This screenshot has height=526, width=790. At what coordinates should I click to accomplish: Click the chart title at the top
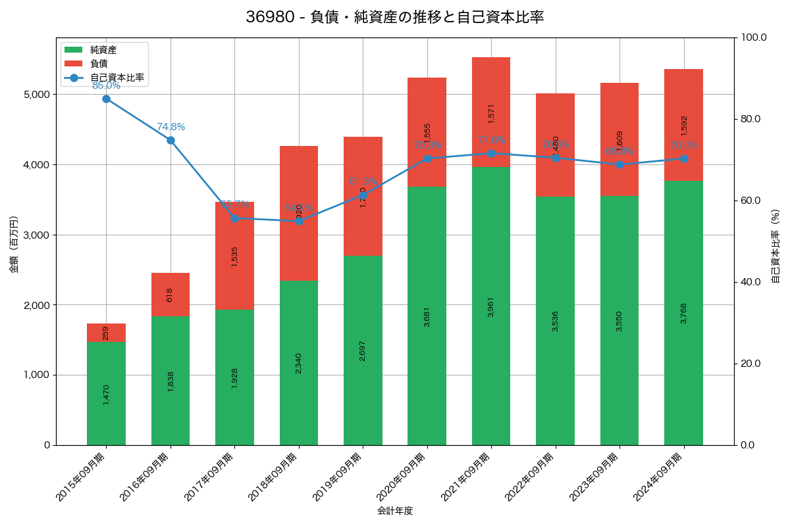tap(394, 17)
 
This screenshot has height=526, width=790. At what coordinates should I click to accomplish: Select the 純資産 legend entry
tap(103, 49)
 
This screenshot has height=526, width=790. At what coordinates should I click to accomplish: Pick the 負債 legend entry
tap(99, 63)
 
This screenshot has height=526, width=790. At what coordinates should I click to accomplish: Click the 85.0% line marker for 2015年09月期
tap(106, 99)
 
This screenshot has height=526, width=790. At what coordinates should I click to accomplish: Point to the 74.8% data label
tap(171, 127)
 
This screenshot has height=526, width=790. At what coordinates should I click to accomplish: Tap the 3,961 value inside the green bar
tap(491, 307)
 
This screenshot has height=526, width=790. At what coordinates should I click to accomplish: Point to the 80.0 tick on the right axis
tap(750, 119)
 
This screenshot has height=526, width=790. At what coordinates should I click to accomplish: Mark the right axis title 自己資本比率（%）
tap(776, 246)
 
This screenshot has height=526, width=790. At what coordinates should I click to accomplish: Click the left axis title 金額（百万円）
tap(14, 245)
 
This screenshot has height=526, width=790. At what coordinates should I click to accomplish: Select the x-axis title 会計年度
tap(395, 511)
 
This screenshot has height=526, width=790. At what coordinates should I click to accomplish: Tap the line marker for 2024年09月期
tap(683, 158)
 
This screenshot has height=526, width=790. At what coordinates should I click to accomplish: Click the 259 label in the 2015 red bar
tap(106, 333)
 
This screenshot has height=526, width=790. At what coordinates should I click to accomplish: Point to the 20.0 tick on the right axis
tap(750, 364)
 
